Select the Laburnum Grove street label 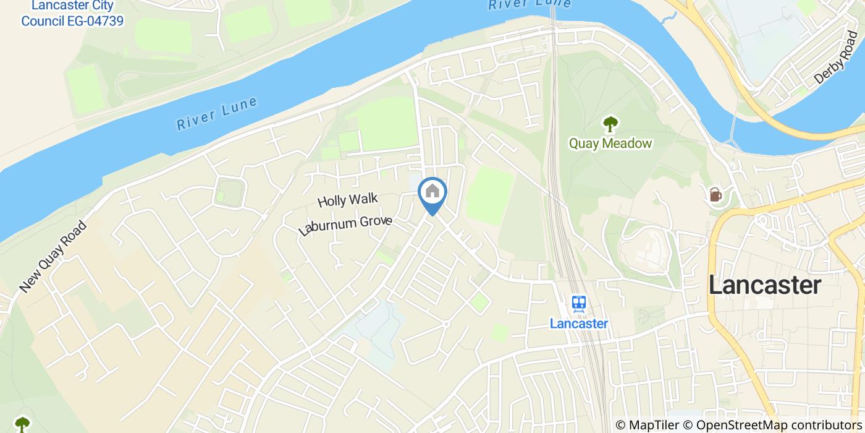[x=345, y=225]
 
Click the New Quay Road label [x=53, y=257]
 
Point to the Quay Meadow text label [x=610, y=144]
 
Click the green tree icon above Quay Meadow [x=610, y=124]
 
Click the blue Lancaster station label [x=579, y=323]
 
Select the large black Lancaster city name [x=765, y=285]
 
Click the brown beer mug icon [x=715, y=194]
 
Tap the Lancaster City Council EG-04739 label [x=72, y=14]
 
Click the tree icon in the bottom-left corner [x=22, y=424]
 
